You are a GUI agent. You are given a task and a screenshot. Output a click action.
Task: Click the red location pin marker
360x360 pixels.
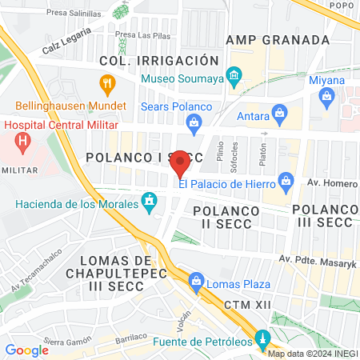(x=181, y=164)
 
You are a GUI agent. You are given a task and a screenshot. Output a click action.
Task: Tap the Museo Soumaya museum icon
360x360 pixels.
(x=234, y=78)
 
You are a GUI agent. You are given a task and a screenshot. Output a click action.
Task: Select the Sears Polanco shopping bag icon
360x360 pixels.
(x=193, y=122)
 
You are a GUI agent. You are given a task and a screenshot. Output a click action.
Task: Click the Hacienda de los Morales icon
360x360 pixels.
(x=149, y=200)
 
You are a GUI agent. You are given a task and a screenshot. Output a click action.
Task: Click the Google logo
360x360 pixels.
(x=27, y=350)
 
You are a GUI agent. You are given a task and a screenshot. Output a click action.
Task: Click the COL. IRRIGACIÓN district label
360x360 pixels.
(x=158, y=61)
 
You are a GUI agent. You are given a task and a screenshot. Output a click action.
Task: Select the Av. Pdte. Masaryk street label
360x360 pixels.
(x=316, y=258)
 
